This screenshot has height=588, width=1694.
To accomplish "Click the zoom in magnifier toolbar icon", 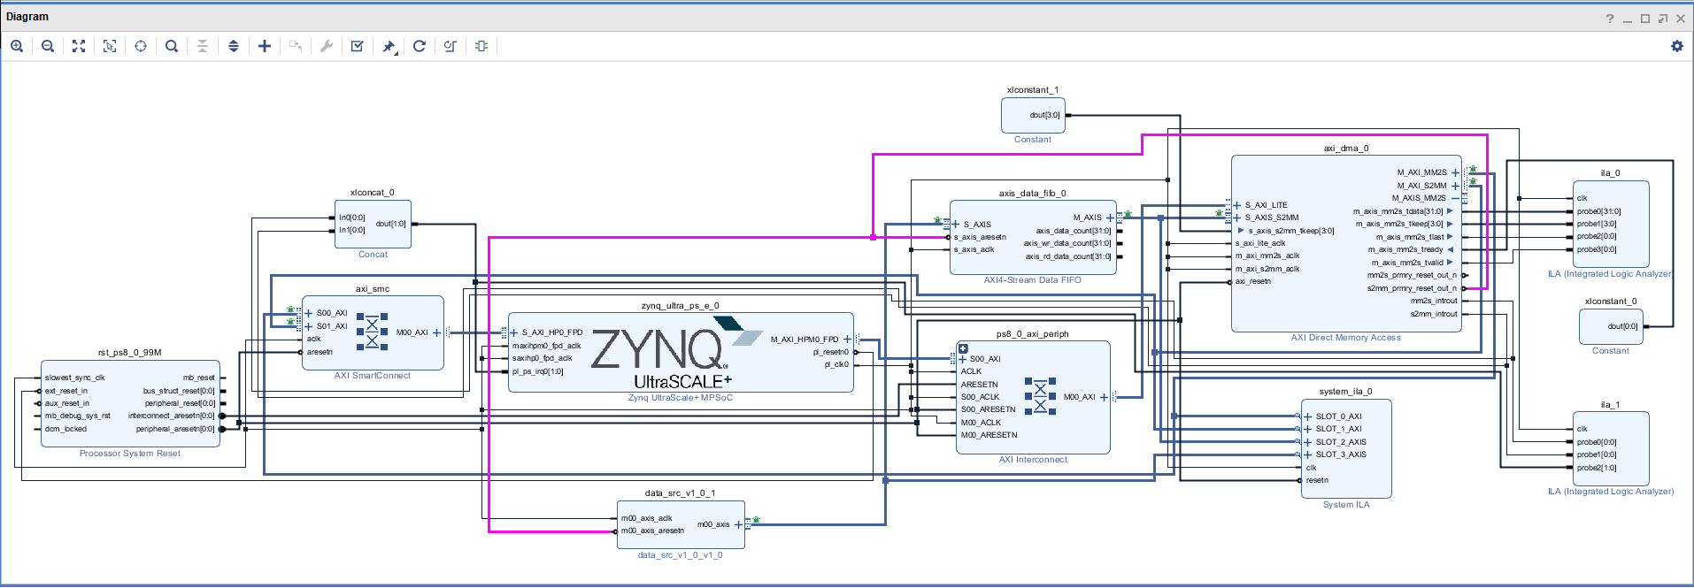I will click(x=17, y=46).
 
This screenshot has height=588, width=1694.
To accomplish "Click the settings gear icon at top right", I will click(x=1676, y=46).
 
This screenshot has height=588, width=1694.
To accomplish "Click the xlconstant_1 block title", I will click(x=1032, y=90).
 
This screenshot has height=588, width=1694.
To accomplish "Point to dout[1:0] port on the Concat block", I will click(x=390, y=224).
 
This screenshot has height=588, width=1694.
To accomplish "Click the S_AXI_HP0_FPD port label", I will click(x=552, y=332).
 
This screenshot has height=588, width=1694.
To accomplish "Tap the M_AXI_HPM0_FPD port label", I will click(x=804, y=340).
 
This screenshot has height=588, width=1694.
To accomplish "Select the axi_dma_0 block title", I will click(x=1345, y=149).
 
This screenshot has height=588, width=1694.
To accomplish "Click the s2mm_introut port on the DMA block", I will click(x=1433, y=314).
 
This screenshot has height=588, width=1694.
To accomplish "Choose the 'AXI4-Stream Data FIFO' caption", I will click(x=1032, y=280).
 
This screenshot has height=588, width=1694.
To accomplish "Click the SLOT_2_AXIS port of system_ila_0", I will click(x=1340, y=442).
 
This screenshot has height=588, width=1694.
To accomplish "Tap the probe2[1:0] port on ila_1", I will click(x=1596, y=468).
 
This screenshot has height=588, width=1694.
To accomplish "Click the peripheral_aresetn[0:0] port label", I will click(x=175, y=429).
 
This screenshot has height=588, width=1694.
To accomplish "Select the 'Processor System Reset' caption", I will click(x=130, y=454).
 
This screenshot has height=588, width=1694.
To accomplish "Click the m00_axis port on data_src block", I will click(x=713, y=524).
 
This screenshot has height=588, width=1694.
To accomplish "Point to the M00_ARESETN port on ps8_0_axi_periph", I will click(x=989, y=435).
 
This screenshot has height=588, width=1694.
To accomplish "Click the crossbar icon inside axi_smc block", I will click(x=372, y=332).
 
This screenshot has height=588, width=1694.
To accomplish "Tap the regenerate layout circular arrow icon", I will click(x=420, y=46).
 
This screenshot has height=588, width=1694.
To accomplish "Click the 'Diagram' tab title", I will click(x=27, y=17).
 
